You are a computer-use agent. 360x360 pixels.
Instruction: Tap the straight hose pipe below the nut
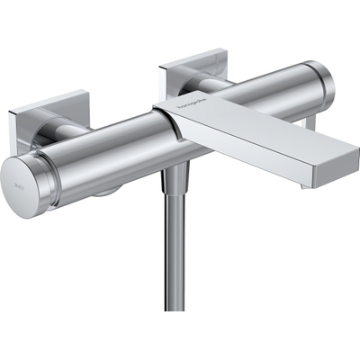click(x=175, y=252)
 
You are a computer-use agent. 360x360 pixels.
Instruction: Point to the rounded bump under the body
click(x=106, y=190)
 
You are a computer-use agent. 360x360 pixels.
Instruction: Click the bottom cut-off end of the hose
click(x=175, y=308)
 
